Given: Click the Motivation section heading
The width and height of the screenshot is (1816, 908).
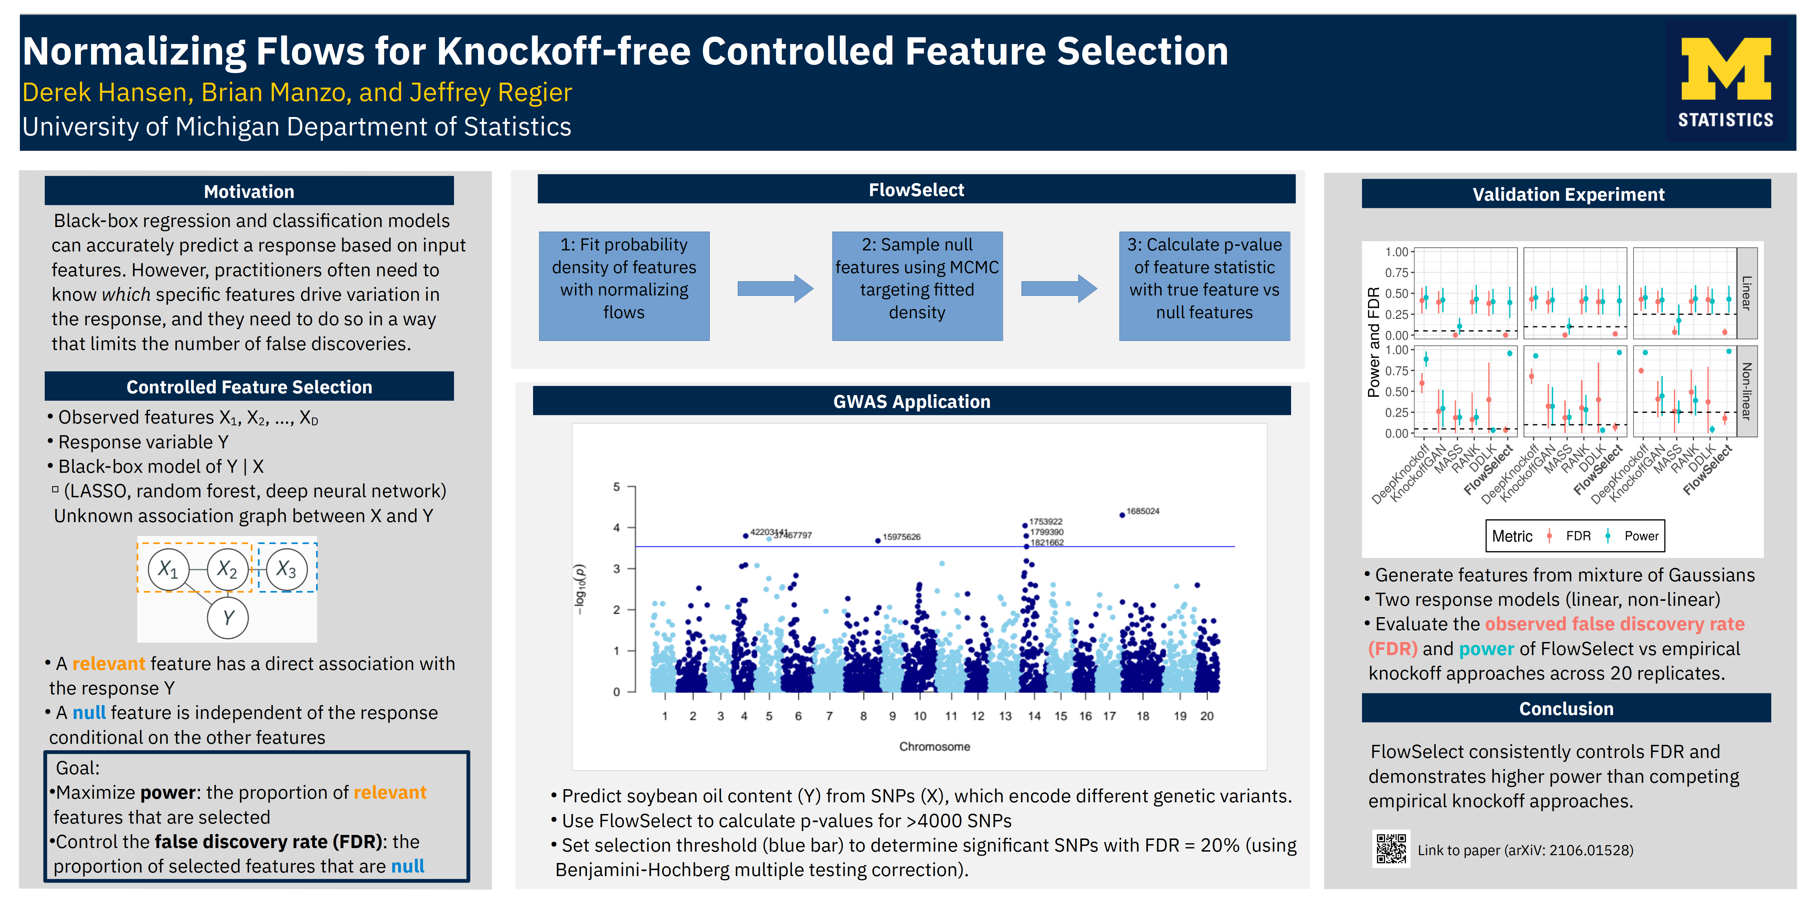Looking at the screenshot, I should pyautogui.click(x=249, y=192).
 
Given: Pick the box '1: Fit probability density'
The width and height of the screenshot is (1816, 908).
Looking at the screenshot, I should pyautogui.click(x=624, y=286).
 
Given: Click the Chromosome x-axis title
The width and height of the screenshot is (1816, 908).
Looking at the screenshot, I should pyautogui.click(x=934, y=747).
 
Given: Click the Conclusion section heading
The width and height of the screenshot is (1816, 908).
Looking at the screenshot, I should pyautogui.click(x=1566, y=709).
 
